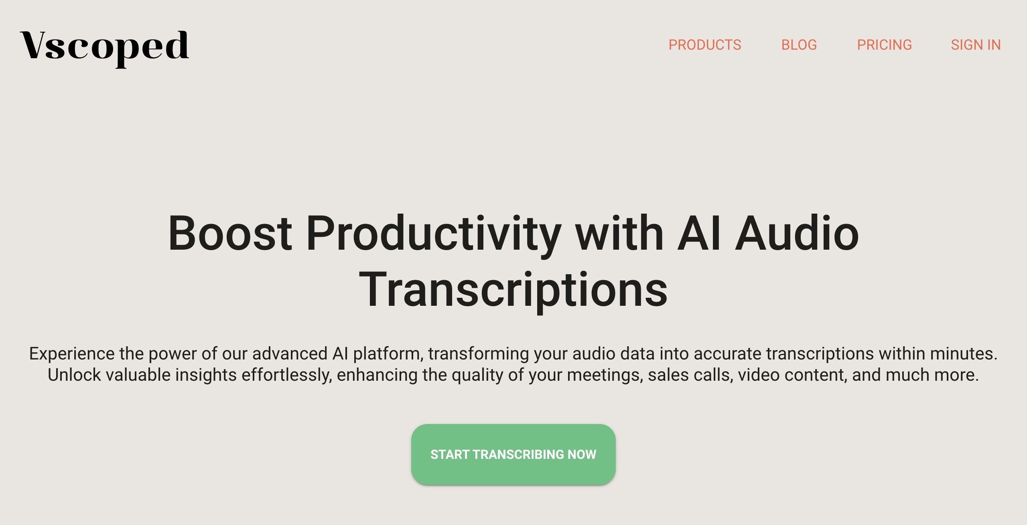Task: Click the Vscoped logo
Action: coord(104,48)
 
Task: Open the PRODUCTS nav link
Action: coord(705,45)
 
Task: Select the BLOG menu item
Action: coord(799,45)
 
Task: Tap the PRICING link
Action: coord(885,45)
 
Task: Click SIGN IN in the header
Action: coord(976,45)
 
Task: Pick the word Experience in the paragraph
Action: coord(72,354)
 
